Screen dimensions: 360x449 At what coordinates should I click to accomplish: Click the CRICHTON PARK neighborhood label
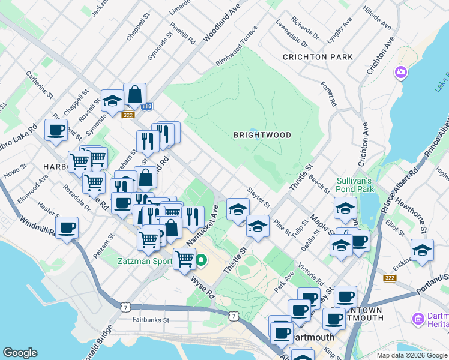click(x=315, y=57)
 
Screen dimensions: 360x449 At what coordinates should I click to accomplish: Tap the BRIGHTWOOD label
click(x=262, y=136)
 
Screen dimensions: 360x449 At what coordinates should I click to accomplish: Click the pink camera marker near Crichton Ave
click(x=400, y=73)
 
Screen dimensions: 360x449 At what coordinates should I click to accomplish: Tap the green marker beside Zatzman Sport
click(x=202, y=261)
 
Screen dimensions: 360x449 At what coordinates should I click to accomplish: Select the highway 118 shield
click(x=147, y=107)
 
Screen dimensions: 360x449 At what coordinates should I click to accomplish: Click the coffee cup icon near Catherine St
click(x=56, y=130)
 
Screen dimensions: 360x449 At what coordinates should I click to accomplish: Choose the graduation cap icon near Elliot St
click(x=422, y=251)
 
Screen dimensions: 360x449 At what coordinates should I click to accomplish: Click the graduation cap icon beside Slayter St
click(x=238, y=209)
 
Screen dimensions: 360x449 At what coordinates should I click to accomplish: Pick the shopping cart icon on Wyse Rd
click(x=184, y=259)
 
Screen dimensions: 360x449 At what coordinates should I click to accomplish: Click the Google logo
click(x=20, y=353)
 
